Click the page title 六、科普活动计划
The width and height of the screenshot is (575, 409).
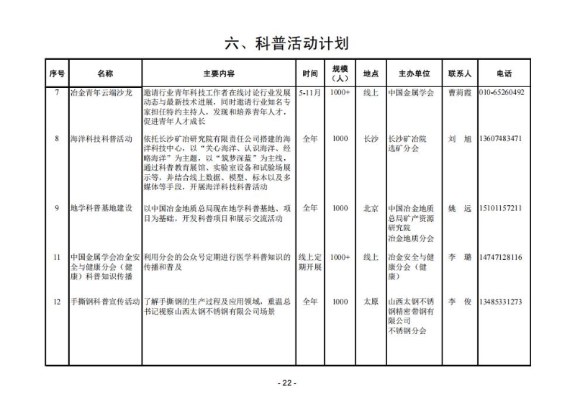pos(287,43)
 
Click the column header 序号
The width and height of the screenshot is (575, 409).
pos(57,73)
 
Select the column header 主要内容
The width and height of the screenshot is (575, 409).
pos(219,73)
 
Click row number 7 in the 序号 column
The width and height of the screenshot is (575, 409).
pos(57,93)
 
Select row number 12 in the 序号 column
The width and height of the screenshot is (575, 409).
pos(57,302)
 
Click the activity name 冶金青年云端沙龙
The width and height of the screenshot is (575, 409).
pos(101,93)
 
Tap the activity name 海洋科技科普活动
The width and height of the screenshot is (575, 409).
pos(101,138)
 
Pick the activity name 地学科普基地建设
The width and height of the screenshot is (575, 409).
pos(101,208)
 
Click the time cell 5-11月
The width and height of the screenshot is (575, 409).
pos(309,93)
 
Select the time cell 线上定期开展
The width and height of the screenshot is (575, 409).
pos(309,261)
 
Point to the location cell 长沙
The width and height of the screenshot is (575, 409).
pos(371,138)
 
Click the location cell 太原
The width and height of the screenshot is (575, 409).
pos(371,302)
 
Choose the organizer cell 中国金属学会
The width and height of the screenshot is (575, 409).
pos(411,93)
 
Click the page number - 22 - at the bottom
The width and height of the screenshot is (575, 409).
pos(286,382)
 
